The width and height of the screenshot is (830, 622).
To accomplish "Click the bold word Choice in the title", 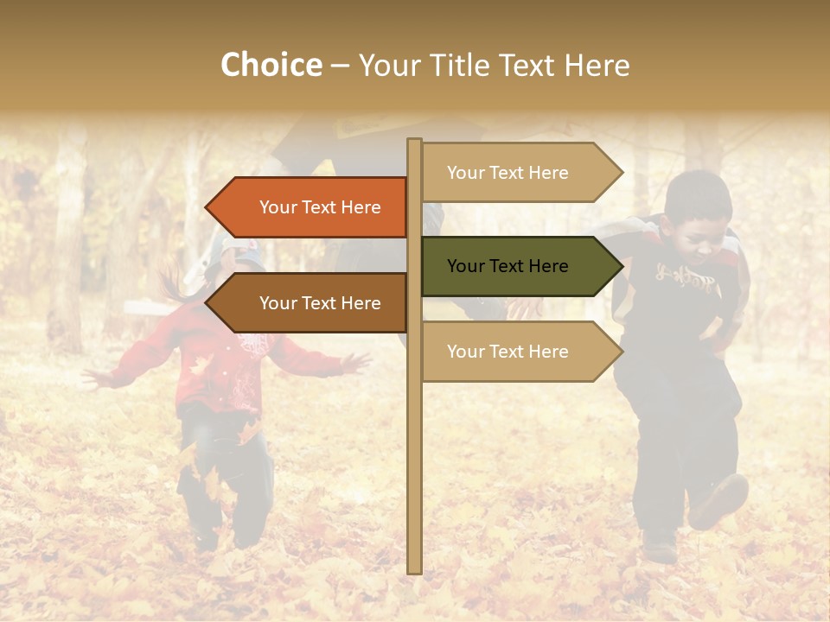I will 271,66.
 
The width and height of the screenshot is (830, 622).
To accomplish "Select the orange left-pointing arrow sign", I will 311,207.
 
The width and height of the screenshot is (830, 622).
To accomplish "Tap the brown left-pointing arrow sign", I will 311,303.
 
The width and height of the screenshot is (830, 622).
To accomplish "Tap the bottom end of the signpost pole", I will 414,570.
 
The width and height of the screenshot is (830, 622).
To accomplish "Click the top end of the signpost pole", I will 414,142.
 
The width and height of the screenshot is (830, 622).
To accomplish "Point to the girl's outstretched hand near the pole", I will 354,362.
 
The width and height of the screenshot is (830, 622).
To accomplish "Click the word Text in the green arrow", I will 508,266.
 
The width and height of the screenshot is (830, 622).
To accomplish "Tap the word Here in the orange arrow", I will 361,207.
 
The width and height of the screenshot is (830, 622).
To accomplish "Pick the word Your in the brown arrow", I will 278,303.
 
